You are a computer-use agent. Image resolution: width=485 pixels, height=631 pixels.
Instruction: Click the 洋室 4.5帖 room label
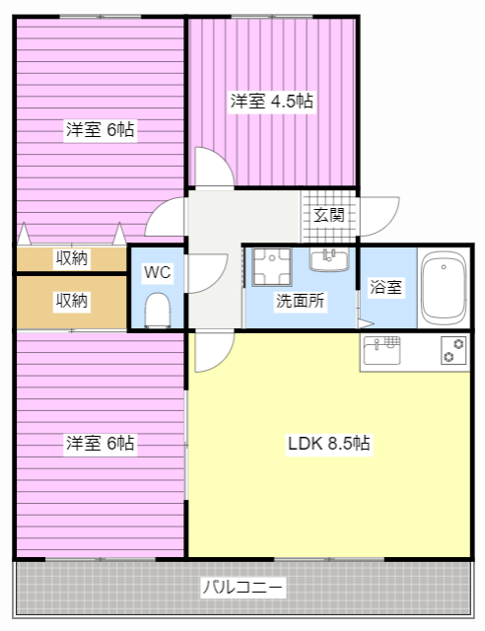coord(272,101)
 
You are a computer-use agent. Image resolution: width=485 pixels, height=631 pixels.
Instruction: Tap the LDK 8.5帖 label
coord(328,444)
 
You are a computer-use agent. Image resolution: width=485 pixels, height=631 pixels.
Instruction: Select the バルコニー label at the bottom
coord(242,589)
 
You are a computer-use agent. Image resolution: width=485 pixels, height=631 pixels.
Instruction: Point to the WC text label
coord(158,272)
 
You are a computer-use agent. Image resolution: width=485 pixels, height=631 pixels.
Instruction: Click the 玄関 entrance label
coord(329,215)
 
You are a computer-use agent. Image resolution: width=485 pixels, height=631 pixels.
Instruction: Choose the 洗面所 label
coord(300,301)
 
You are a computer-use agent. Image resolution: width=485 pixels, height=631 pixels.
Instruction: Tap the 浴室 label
coord(385,288)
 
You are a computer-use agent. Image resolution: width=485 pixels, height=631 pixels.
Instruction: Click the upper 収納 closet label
coord(71,258)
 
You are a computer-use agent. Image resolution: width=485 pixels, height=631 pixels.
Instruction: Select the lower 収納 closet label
coord(71,301)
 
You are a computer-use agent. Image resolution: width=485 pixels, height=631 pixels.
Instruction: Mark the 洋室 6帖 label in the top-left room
coord(100,129)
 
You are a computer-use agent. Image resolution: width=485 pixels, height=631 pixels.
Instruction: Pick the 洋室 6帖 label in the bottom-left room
coord(100,444)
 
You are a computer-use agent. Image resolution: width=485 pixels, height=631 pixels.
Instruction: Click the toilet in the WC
coord(158,311)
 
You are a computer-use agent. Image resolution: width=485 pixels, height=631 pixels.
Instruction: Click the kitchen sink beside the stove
coord(383,349)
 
